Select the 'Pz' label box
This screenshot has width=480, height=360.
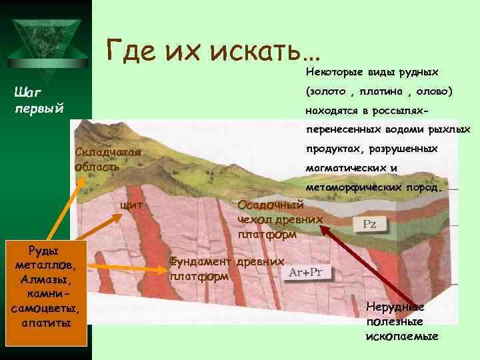(x=369, y=225)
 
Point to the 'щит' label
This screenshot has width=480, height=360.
(x=130, y=205)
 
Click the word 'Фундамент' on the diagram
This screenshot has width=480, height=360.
(x=202, y=262)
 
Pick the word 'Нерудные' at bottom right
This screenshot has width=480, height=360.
(x=395, y=307)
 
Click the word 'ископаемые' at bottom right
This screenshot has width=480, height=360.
(x=402, y=335)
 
